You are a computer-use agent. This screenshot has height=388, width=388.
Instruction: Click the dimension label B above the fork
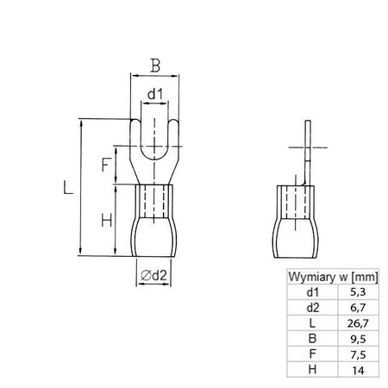[154, 64]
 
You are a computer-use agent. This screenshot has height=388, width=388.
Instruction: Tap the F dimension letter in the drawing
[104, 165]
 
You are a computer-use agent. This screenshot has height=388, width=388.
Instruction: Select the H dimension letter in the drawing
[104, 221]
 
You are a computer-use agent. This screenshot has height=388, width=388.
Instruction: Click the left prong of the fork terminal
[137, 138]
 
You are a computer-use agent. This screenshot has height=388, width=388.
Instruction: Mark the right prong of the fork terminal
[172, 138]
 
